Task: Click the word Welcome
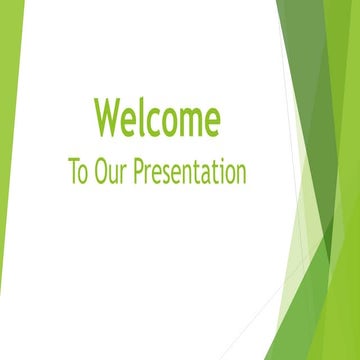click(157, 118)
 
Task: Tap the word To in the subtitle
click(77, 171)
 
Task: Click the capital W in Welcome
click(106, 118)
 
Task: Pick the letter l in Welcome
click(140, 117)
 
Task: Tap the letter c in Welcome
click(152, 121)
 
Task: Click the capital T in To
click(72, 170)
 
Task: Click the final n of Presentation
click(240, 173)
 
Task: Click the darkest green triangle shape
click(318, 120)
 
